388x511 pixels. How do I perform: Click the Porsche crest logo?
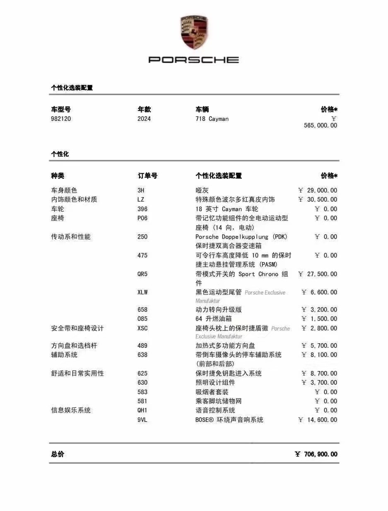point(194,32)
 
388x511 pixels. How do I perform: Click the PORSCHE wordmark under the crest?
point(194,60)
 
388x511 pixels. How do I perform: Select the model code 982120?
point(61,119)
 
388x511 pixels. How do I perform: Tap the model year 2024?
point(144,119)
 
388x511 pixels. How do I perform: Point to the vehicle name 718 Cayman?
point(212,119)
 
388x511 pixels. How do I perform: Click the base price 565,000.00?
point(320,125)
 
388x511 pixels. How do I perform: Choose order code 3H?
point(141,190)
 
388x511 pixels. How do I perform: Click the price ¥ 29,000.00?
point(318,190)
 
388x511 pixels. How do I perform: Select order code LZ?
point(141,200)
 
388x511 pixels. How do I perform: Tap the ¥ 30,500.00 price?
point(318,200)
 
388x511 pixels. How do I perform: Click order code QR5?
point(142,274)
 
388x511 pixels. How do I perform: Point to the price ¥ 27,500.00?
point(318,274)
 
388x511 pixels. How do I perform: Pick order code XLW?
point(142,292)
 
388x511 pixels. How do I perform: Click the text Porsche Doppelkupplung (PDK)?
point(241,237)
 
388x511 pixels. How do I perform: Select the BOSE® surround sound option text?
point(229,420)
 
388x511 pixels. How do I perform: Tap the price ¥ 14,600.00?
point(318,420)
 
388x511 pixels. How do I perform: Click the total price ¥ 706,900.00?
point(316,454)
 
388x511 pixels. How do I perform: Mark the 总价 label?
point(58,454)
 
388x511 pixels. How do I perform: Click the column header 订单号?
point(147,176)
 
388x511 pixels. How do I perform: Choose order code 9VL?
point(142,420)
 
